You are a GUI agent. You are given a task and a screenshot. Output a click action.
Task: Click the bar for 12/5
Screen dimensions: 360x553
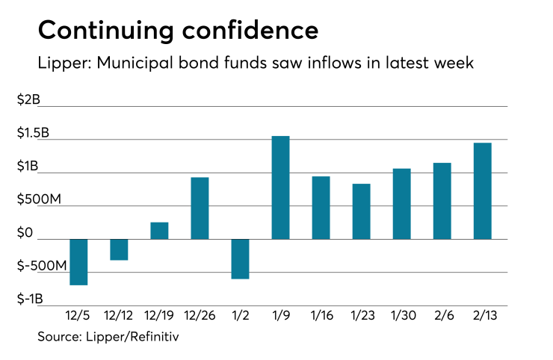pos(78,262)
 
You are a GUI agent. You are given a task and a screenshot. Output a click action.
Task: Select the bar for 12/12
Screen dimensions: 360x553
pos(119,249)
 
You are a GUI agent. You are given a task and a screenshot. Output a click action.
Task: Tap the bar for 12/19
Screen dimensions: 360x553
pos(159,231)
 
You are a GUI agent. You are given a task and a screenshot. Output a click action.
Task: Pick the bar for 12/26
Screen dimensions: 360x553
pos(200,208)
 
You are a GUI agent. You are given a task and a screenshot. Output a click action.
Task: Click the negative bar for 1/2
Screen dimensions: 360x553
pos(240,258)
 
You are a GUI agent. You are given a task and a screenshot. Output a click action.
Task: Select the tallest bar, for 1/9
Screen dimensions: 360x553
pos(280,187)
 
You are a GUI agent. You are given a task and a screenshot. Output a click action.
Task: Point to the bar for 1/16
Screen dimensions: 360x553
pos(321,208)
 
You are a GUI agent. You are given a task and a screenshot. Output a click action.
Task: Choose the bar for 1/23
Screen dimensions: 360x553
pos(362,211)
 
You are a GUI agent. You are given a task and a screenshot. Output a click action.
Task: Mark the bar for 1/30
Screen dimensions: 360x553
pos(402,204)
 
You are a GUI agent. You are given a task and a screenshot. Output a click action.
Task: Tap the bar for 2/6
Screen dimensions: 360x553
pos(442,201)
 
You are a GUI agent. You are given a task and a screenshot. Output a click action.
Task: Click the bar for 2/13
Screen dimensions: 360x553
pos(483,190)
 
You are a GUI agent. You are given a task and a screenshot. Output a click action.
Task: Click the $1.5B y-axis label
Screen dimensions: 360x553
pos(34,134)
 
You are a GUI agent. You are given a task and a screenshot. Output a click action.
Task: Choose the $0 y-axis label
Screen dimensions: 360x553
pos(25,234)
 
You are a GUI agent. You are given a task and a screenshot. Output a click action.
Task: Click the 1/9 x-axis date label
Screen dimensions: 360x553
pos(280,317)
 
